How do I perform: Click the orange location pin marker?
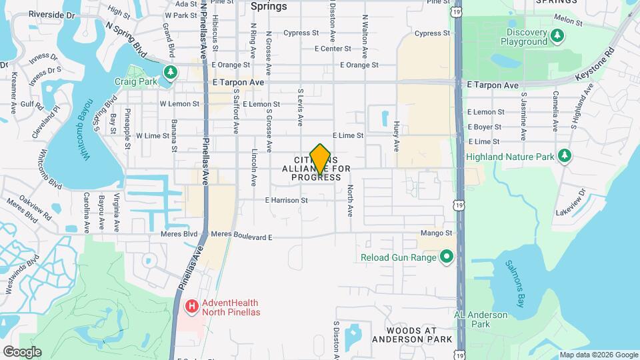point(320,159)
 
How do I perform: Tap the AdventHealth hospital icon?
point(192,307)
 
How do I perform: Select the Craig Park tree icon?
point(171,71)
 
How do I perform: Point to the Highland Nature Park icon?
point(565,156)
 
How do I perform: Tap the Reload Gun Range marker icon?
point(446,257)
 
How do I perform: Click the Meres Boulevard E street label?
point(241,236)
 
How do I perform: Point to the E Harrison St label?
point(286,200)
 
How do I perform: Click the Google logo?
point(22,351)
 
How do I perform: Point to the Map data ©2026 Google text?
point(597,355)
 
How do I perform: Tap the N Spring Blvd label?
point(125,40)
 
